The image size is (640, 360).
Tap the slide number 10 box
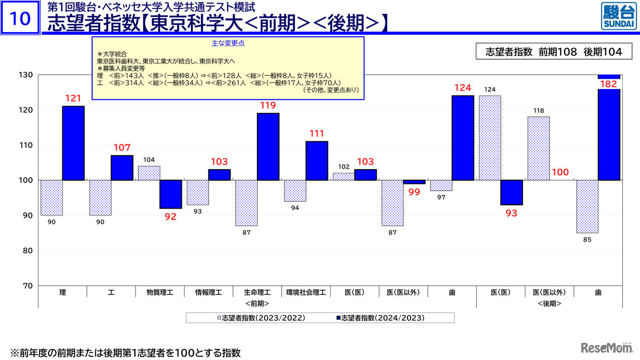[x=20, y=19]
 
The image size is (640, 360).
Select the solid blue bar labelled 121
[x=73, y=143]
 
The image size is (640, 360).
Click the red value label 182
[x=609, y=85]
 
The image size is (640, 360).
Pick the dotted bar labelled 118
[x=539, y=148]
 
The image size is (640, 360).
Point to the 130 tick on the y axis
[x=28, y=75]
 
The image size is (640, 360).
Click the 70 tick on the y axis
[x=28, y=286]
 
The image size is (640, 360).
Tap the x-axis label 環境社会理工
[x=306, y=292]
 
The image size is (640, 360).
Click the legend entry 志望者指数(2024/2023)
[x=383, y=318]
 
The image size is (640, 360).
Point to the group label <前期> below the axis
[x=257, y=303]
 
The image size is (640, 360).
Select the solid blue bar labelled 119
[x=268, y=147]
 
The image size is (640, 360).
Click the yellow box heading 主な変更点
[x=228, y=43]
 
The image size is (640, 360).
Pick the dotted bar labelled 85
[x=587, y=206]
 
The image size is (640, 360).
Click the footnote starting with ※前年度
[x=125, y=353]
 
